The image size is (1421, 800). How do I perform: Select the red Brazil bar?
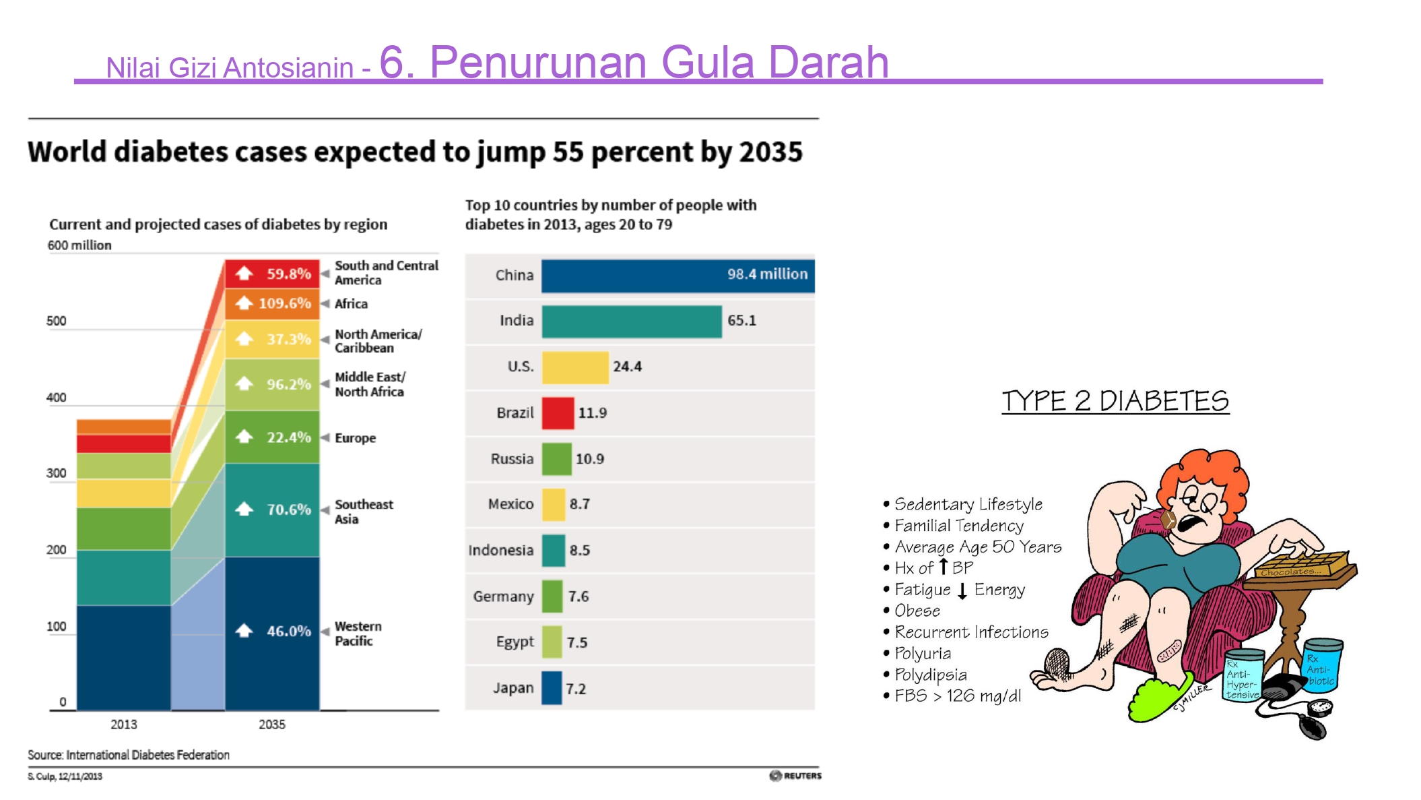[x=558, y=413]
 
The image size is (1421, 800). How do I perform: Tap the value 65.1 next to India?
[x=741, y=321]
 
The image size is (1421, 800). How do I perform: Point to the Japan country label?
[x=513, y=688]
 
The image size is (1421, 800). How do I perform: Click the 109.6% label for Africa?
[x=285, y=303]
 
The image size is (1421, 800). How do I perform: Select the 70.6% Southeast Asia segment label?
[x=289, y=510]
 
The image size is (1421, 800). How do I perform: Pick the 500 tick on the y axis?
[x=57, y=321]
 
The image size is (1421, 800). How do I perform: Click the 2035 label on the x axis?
[x=272, y=725]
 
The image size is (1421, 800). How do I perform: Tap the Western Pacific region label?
[x=358, y=634]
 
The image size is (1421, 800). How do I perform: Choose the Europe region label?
[x=356, y=438]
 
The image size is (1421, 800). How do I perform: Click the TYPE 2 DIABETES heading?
[x=1115, y=401]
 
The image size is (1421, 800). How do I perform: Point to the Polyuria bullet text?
[x=923, y=654]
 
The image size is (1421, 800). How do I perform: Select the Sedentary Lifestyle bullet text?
[x=968, y=504]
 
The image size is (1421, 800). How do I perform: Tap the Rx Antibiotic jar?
[x=1321, y=665]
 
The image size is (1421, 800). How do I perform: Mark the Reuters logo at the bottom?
[x=795, y=776]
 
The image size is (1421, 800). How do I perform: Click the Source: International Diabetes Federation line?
[x=129, y=755]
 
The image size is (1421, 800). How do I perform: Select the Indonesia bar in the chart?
[x=554, y=551]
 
